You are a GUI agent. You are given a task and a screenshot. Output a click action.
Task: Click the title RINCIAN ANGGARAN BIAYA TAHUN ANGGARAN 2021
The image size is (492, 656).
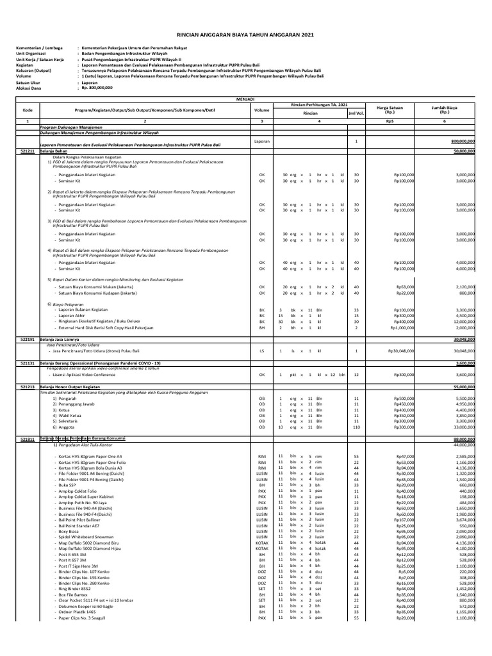tap(246, 37)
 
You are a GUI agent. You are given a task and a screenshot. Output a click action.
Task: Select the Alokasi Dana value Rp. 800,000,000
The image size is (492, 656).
tap(97, 88)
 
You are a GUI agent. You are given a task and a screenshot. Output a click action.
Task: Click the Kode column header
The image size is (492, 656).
tap(27, 110)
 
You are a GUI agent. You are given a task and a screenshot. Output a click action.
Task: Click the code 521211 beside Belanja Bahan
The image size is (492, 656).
tap(27, 151)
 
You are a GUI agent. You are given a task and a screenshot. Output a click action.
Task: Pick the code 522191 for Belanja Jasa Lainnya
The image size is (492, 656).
tap(27, 340)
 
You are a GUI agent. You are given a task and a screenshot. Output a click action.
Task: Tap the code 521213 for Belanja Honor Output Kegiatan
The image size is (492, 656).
tap(27, 387)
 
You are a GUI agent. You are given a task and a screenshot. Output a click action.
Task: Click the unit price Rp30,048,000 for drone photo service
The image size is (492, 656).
tap(397, 351)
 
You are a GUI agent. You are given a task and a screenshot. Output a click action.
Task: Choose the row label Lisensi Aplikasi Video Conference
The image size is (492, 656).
tap(89, 375)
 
